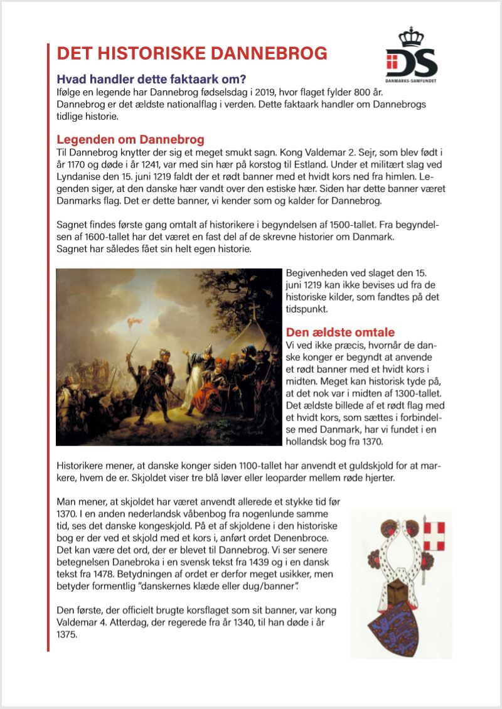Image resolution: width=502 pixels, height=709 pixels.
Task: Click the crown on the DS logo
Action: tap(412, 37)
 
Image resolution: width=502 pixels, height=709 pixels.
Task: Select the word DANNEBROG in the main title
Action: tap(270, 53)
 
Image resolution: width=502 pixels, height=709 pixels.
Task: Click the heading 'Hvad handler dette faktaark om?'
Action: tap(151, 80)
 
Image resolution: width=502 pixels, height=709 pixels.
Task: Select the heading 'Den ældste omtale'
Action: tap(340, 332)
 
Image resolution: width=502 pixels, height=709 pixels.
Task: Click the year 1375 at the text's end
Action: tap(67, 634)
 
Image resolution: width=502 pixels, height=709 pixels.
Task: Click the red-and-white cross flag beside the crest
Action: tap(434, 535)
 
